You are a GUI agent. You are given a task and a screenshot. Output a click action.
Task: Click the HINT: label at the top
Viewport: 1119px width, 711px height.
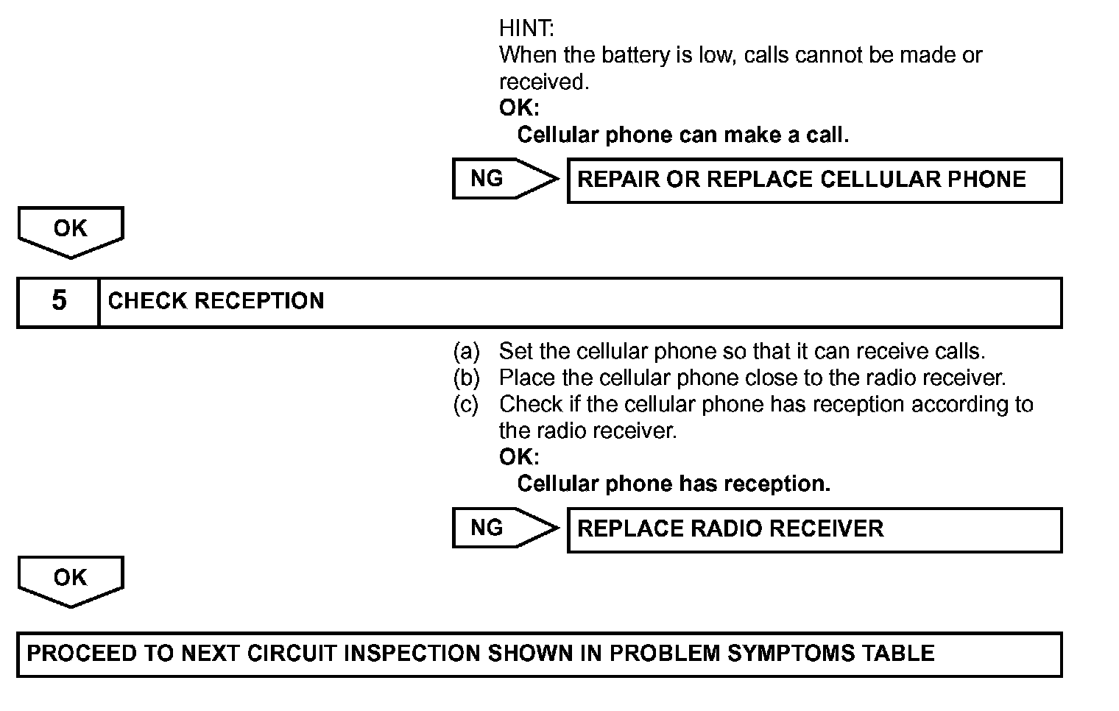point(526,29)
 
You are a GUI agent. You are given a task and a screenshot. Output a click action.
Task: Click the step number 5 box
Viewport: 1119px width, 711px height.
point(58,301)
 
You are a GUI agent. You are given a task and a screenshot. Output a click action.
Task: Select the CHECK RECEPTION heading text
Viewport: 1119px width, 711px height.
point(216,301)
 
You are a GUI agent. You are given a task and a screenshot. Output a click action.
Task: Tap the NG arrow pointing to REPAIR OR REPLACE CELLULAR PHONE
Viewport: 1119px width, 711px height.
point(504,179)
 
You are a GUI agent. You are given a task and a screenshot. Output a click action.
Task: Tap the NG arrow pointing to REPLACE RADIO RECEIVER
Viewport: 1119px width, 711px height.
point(504,528)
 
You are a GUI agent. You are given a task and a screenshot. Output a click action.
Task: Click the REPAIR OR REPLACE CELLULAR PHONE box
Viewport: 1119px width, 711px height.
point(814,180)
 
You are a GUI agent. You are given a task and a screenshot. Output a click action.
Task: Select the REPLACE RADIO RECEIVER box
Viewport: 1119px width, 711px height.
point(814,530)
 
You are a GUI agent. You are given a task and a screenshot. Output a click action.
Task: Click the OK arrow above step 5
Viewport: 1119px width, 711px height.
point(70,231)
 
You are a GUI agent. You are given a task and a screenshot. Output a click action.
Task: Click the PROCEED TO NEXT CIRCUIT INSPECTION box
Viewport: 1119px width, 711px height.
point(539,654)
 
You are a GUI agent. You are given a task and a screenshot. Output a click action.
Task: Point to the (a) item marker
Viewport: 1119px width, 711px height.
point(466,351)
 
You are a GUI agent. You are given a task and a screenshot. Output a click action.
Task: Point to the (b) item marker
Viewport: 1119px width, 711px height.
point(466,378)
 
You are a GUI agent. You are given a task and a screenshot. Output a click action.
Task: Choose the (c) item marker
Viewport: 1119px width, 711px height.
point(466,404)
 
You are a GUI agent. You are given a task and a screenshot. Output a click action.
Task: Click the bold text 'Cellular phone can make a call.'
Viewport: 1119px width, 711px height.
point(682,135)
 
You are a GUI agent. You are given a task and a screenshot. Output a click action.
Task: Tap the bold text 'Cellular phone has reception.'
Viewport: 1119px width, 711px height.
point(674,484)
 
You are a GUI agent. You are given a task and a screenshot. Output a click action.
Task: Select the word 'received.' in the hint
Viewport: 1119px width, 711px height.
point(544,82)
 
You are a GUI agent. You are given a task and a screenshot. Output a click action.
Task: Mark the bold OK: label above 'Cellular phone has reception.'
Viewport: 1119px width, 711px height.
point(519,457)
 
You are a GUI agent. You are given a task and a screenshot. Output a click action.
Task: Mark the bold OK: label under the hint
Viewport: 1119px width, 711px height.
point(519,108)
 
